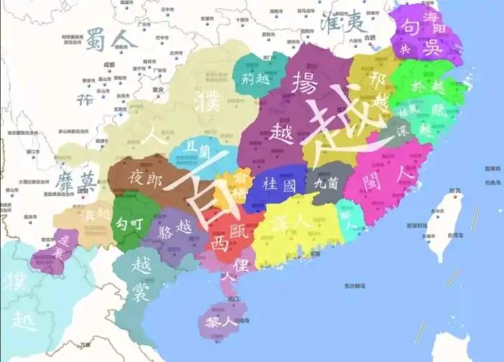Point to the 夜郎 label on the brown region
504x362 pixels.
tap(145, 179)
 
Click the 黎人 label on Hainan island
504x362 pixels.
tap(223, 323)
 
